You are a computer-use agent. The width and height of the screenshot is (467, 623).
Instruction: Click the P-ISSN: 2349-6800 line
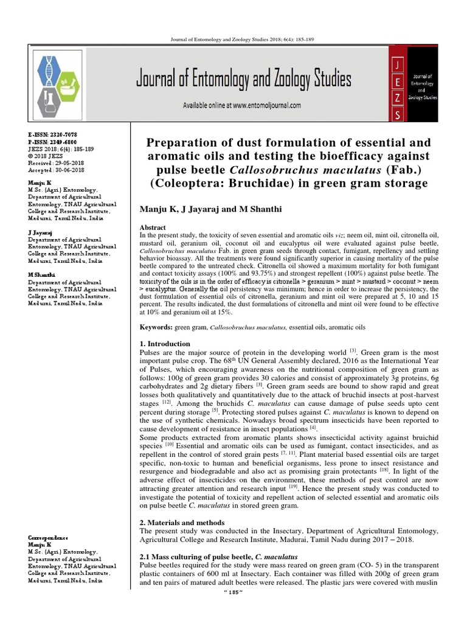click(x=52, y=140)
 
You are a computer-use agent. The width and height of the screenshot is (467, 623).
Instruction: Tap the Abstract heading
click(x=153, y=227)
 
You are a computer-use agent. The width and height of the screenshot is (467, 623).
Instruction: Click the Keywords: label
click(x=157, y=327)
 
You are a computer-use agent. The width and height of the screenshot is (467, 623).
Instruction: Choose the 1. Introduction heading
click(x=165, y=344)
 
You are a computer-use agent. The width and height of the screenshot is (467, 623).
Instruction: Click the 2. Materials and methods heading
click(x=182, y=522)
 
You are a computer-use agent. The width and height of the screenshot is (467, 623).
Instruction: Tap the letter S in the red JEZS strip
click(x=397, y=114)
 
